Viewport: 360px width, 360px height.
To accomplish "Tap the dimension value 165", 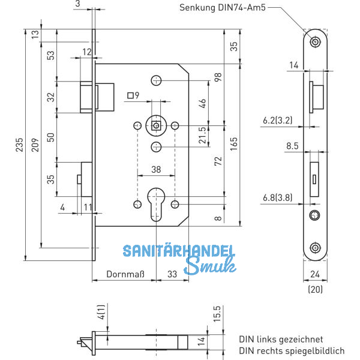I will point(233,144).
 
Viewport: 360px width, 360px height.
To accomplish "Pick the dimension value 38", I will point(155,170).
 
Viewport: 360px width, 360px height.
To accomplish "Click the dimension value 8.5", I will point(292,145).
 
